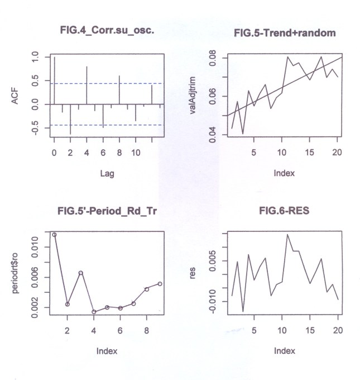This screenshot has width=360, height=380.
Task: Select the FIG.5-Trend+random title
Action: pos(285,34)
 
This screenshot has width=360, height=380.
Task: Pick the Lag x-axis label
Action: pos(107,174)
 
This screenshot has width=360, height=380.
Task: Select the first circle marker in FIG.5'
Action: pos(54,235)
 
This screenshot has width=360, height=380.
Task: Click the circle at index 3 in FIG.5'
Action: pos(80,273)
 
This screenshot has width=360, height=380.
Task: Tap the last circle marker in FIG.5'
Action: pos(160,284)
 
